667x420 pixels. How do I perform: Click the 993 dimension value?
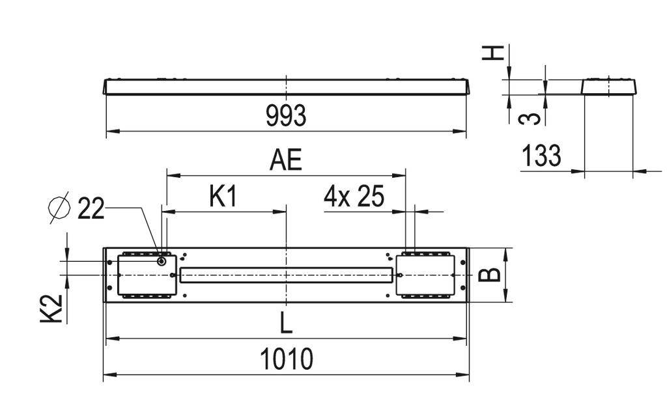click(x=285, y=117)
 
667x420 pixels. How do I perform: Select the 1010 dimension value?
click(x=287, y=359)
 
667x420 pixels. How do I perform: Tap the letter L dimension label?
click(x=287, y=321)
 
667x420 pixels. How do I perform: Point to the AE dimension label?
click(x=287, y=160)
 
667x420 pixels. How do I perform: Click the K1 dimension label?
click(x=223, y=197)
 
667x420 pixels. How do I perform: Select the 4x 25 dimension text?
click(x=354, y=197)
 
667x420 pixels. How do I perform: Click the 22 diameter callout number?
click(x=91, y=209)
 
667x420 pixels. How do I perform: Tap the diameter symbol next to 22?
click(x=59, y=209)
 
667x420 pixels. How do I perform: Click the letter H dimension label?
click(x=497, y=52)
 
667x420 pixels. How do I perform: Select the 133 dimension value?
click(x=541, y=156)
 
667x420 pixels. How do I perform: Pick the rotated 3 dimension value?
click(x=532, y=117)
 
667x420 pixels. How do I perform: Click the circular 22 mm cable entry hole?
click(x=161, y=261)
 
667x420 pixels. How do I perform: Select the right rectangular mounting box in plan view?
click(x=427, y=275)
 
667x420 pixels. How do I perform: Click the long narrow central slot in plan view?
click(x=287, y=275)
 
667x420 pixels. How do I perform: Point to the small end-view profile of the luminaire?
click(x=608, y=87)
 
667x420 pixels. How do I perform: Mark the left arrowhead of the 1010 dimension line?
click(x=108, y=375)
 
